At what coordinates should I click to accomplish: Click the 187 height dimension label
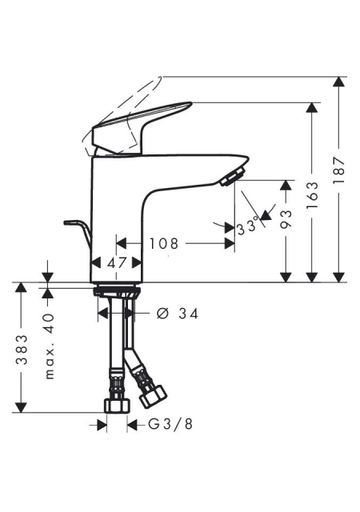tap(339, 170)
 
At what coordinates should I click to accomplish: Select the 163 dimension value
tap(313, 195)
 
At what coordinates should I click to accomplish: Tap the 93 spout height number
tap(286, 218)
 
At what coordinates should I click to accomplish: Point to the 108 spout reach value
tap(164, 243)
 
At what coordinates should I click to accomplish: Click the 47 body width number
tap(117, 262)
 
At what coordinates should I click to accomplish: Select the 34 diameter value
tap(189, 314)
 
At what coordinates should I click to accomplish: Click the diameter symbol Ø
tap(162, 314)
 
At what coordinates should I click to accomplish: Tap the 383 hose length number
tap(22, 349)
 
